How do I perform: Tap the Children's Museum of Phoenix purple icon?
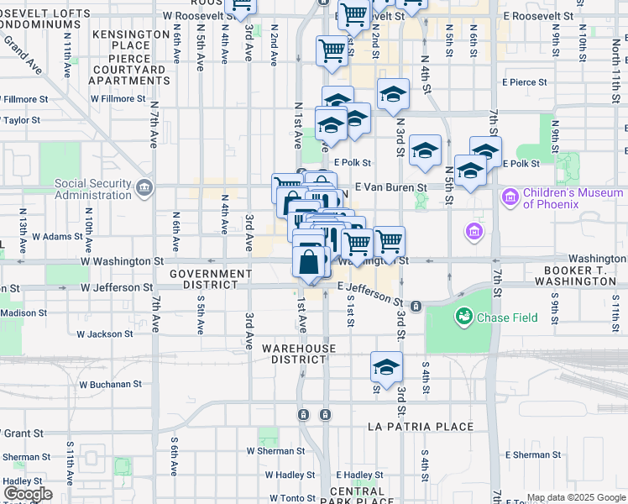point(510,198)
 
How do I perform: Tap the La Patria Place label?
point(421,427)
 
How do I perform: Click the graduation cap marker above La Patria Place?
point(386,367)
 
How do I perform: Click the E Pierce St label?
point(525,82)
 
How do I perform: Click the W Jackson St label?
point(105,333)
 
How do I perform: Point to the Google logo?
point(28,494)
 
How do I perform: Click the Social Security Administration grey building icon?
point(146,186)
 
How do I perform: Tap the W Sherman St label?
point(275,450)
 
